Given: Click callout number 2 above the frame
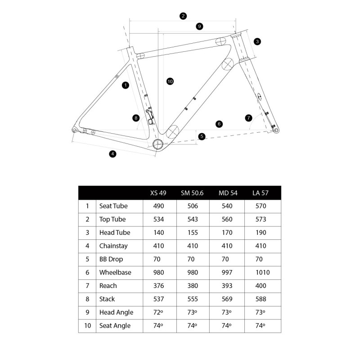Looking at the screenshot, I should click(x=183, y=16).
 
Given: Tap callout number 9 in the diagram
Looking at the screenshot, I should click(x=199, y=26).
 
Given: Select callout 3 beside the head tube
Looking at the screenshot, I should click(x=257, y=41).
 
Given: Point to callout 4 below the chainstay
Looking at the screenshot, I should click(x=112, y=154).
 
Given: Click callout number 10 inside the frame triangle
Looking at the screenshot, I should click(x=170, y=81).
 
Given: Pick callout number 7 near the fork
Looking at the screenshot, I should click(x=248, y=118).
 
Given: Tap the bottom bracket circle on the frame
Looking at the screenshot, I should click(x=157, y=144).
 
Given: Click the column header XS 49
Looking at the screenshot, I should click(x=158, y=193).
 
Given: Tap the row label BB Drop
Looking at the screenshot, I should click(x=111, y=259).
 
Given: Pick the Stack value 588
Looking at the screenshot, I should click(x=261, y=299).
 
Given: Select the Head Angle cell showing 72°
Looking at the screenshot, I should click(x=157, y=312).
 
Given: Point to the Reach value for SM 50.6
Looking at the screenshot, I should click(x=192, y=286).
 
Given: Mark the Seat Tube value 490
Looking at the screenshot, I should click(x=157, y=206).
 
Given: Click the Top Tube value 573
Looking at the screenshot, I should click(x=261, y=219).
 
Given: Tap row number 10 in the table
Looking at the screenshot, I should click(x=87, y=325).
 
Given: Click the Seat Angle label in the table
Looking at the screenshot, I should click(x=115, y=325).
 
